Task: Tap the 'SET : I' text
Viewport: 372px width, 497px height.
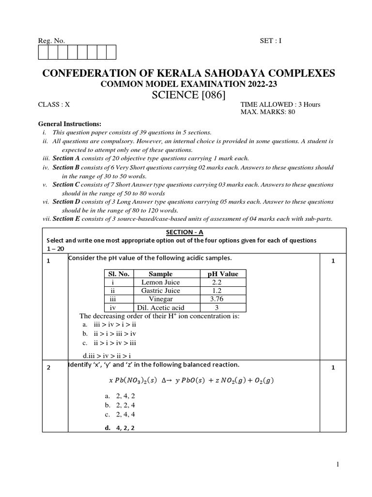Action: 270,41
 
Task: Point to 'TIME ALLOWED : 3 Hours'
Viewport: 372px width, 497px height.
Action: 280,104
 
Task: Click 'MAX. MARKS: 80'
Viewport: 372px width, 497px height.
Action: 267,112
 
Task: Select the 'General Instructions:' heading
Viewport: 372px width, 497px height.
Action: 69,124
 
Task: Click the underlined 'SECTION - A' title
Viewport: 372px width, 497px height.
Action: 193,232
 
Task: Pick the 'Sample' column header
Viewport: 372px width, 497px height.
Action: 160,274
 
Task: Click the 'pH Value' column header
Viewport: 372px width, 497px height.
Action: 222,274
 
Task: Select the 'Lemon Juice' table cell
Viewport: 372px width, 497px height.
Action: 160,282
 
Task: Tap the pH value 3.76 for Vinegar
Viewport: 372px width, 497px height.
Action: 217,299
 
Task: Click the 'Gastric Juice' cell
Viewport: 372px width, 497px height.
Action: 160,291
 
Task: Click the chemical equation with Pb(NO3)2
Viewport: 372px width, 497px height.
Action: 189,380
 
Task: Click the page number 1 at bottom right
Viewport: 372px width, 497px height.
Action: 339,464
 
